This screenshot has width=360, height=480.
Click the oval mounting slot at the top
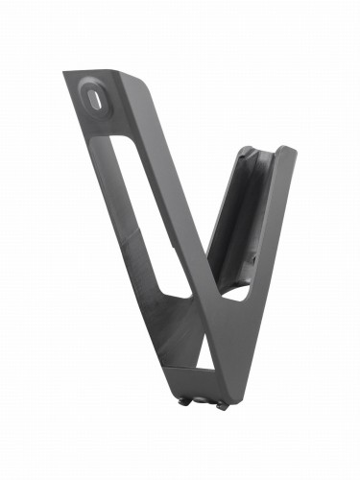coord(93,96)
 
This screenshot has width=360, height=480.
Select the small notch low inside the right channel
coord(248,259)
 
